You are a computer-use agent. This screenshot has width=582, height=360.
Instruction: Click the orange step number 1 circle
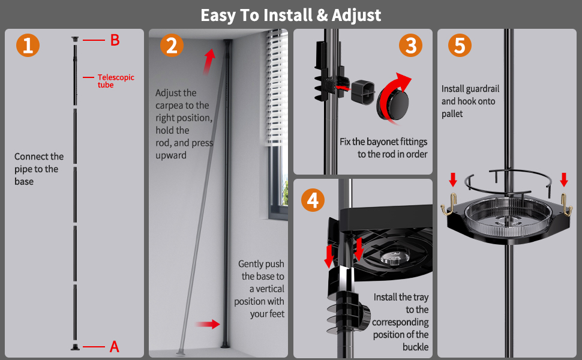(28, 45)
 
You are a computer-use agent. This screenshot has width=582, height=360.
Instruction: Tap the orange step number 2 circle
(172, 45)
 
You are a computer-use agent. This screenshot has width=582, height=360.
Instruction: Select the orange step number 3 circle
(410, 45)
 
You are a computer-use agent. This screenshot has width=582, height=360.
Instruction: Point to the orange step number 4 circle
(313, 200)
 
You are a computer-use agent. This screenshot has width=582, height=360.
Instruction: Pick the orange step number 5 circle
(460, 45)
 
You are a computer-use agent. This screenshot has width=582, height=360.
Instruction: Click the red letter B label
(115, 40)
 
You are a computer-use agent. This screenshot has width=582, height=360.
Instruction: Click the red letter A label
(115, 347)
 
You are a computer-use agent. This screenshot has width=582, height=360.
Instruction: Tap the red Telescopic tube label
(116, 81)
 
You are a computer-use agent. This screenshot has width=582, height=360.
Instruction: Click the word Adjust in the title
(356, 16)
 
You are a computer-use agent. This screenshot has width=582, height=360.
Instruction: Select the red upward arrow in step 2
(209, 61)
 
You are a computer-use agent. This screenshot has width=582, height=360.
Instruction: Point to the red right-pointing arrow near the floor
(208, 324)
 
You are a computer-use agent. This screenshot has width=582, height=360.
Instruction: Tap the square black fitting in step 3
(362, 92)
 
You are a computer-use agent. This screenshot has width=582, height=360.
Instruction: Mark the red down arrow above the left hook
(453, 179)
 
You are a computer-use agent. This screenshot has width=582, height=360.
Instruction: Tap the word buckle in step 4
(416, 347)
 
